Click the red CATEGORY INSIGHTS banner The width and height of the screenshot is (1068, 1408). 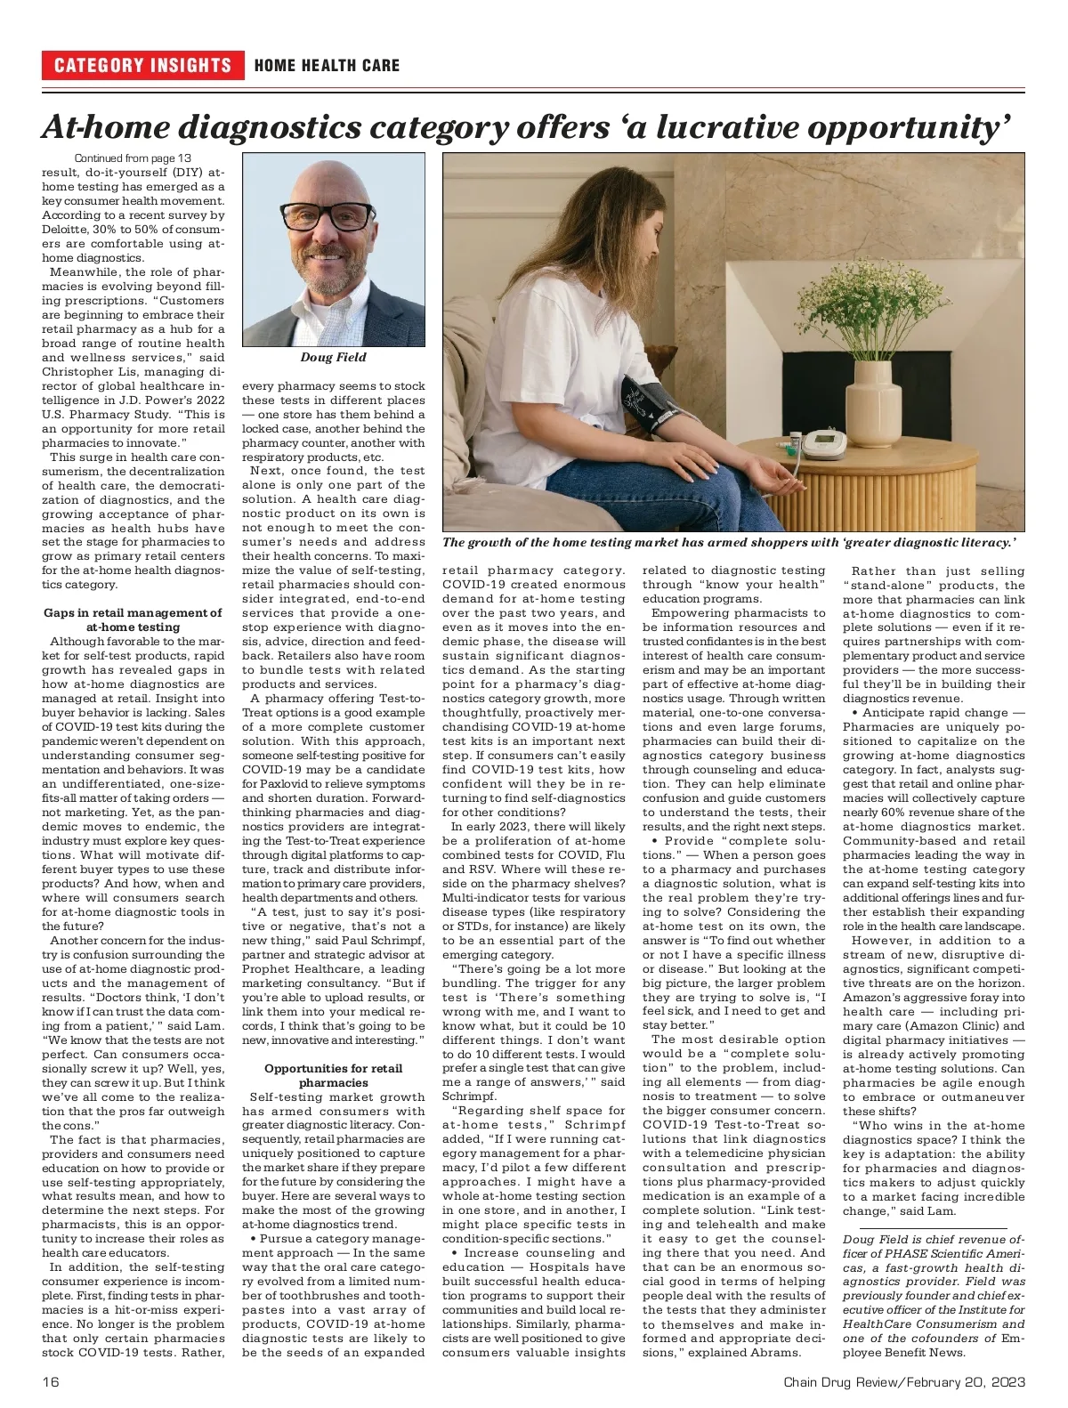point(142,65)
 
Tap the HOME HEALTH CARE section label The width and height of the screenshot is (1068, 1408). point(327,65)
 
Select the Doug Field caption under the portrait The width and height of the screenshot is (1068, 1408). point(333,357)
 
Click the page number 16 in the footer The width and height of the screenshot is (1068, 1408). point(51,1381)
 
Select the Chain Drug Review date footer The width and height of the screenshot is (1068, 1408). point(904,1381)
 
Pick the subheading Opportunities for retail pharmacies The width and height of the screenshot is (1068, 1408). point(333,1075)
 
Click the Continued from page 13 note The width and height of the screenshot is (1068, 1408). point(133,158)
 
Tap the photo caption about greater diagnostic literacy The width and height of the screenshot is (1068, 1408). point(729,542)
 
